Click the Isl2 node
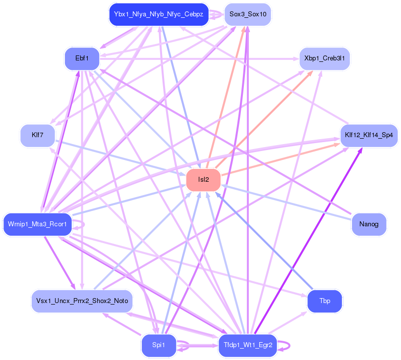click(203, 180)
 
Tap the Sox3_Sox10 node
click(248, 14)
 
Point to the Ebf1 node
click(82, 59)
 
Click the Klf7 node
click(38, 135)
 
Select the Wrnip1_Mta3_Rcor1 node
click(38, 224)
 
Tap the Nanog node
click(369, 224)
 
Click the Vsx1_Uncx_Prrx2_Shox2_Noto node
click(82, 301)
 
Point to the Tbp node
click(325, 301)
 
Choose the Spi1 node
click(159, 345)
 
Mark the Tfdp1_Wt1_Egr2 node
click(248, 345)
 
